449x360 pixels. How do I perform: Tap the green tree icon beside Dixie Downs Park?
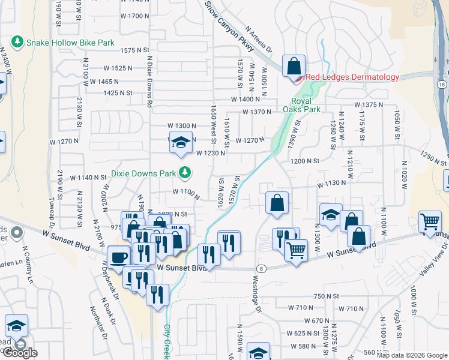pyautogui.click(x=185, y=173)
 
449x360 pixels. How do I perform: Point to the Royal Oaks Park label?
pyautogui.click(x=302, y=105)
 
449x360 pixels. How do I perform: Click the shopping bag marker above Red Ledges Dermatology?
pyautogui.click(x=294, y=67)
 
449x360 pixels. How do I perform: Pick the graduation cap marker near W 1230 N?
pyautogui.click(x=181, y=143)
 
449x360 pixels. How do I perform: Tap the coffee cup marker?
pyautogui.click(x=119, y=257)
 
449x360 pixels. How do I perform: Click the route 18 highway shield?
pyautogui.click(x=442, y=85)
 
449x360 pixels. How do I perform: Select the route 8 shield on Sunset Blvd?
pyautogui.click(x=262, y=268)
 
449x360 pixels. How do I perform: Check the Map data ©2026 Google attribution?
pyautogui.click(x=411, y=355)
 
